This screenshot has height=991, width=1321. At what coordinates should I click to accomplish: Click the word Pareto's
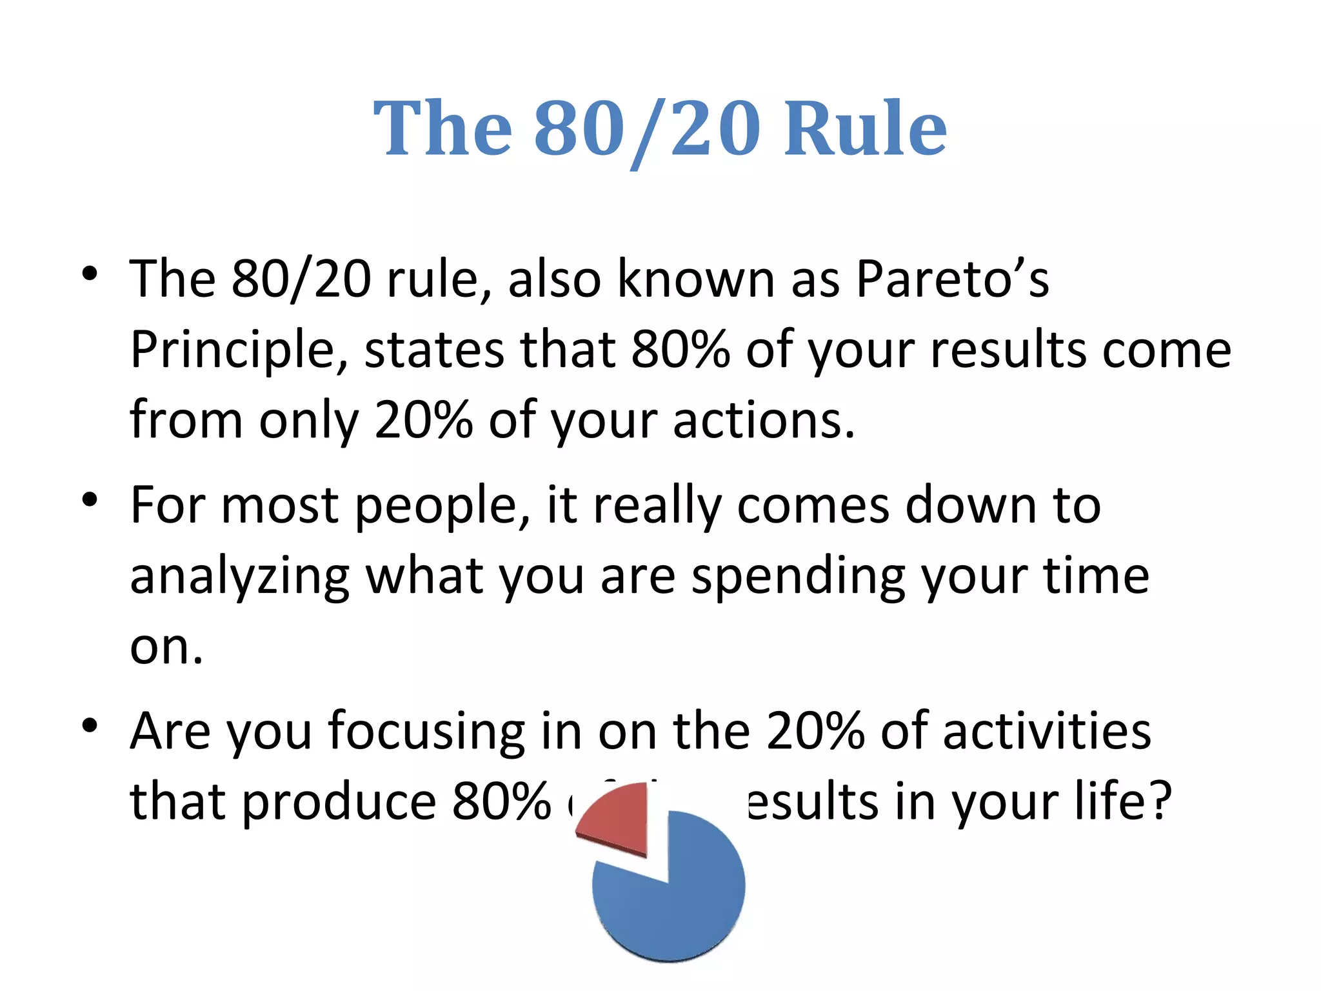click(952, 279)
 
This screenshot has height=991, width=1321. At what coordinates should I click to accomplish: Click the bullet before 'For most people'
click(90, 499)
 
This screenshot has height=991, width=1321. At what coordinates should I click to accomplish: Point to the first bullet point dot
click(90, 274)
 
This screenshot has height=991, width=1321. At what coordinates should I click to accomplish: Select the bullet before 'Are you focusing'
click(90, 725)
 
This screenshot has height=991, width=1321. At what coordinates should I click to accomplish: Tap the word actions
click(764, 421)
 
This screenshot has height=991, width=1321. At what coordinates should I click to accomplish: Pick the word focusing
click(426, 732)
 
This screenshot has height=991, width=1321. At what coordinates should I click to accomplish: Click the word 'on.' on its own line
click(166, 647)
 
